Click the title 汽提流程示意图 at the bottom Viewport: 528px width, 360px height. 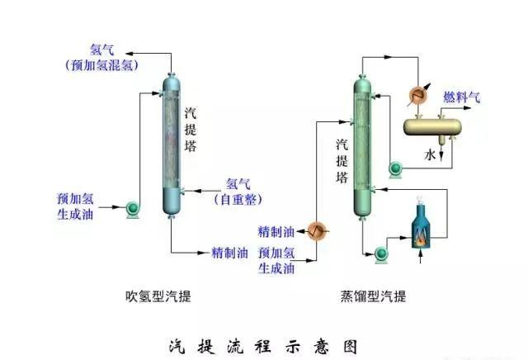[263, 345]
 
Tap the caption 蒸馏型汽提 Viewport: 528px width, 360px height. [373, 296]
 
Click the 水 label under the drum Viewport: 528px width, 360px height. [429, 154]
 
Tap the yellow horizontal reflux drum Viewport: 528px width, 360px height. [432, 126]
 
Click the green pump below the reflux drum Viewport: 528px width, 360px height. [395, 169]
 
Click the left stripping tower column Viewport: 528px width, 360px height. [171, 144]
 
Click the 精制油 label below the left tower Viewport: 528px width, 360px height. [229, 253]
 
